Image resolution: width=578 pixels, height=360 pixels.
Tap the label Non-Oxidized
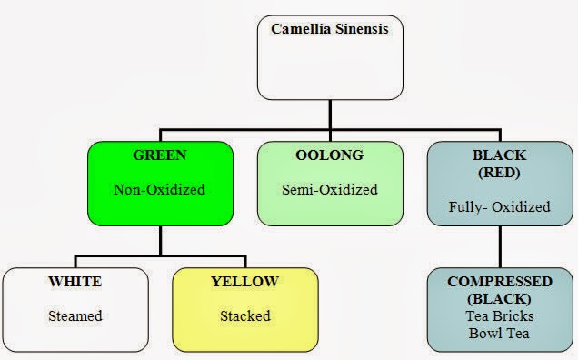pyautogui.click(x=159, y=190)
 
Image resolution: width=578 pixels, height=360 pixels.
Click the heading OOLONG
pyautogui.click(x=328, y=155)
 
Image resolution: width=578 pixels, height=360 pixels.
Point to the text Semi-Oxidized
pyautogui.click(x=328, y=190)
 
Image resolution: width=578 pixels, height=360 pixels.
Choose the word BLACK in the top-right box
pyautogui.click(x=500, y=155)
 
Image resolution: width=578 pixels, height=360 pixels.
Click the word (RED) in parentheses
pyautogui.click(x=500, y=172)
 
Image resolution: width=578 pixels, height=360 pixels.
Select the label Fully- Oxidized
pyautogui.click(x=500, y=206)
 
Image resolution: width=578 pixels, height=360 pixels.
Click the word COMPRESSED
pyautogui.click(x=500, y=282)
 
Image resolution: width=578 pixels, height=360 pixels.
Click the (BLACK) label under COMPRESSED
pyautogui.click(x=500, y=298)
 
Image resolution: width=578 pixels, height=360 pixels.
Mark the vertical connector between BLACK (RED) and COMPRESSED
pyautogui.click(x=500, y=245)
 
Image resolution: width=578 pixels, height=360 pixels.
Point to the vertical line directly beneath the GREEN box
pyautogui.click(x=161, y=238)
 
